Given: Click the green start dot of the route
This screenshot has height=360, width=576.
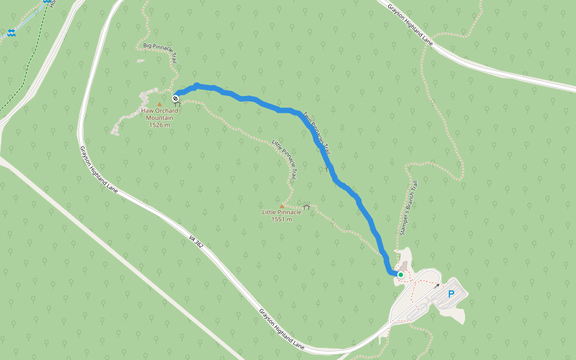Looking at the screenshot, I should [x=400, y=275].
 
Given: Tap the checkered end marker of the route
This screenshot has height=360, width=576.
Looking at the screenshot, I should [x=175, y=98].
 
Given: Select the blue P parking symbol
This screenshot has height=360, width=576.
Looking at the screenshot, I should [x=451, y=294].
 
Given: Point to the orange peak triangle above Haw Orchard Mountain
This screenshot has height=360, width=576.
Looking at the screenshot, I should [x=159, y=104].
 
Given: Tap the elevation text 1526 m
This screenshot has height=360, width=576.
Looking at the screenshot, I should [x=159, y=125].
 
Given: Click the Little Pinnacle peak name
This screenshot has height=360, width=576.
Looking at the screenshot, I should [x=281, y=212].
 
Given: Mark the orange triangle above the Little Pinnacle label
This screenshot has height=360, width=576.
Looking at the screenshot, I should [x=281, y=205].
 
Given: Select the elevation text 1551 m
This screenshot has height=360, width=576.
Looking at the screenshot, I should [x=281, y=220].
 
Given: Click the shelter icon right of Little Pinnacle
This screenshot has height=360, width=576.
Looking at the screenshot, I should [x=307, y=207].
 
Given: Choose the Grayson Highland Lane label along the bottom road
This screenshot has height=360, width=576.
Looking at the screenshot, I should [x=282, y=330].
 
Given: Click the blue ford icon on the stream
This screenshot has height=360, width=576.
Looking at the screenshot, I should [x=11, y=34].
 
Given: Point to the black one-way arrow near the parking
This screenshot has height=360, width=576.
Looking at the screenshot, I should [x=437, y=286].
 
